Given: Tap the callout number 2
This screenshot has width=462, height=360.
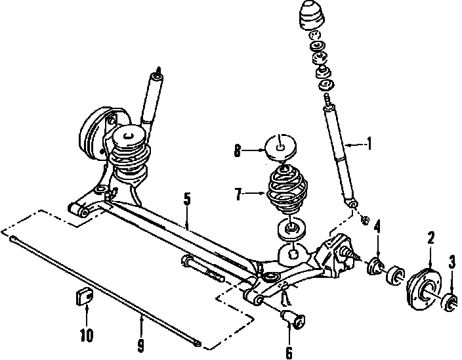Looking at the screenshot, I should pos(430,238).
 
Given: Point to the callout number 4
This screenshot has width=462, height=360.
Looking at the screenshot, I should pos(377,228).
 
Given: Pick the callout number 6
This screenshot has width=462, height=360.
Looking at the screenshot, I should pos(289,353).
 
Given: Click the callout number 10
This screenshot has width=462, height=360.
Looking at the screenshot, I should pos(87,336).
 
